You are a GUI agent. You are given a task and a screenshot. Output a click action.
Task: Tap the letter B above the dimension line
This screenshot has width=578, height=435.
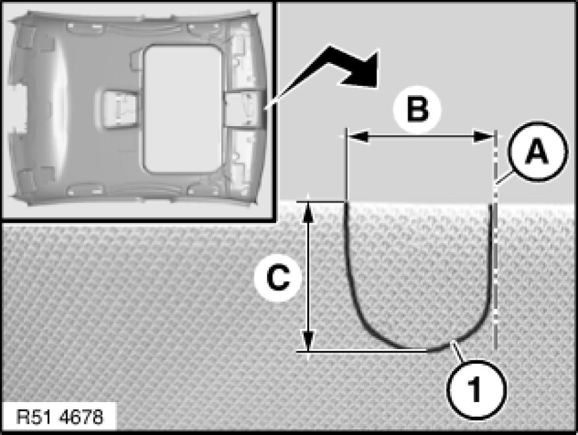(416, 109)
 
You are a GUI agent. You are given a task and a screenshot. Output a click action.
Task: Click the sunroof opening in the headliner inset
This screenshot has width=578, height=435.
(173, 109)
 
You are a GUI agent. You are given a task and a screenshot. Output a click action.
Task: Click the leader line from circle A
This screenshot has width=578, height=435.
(503, 180)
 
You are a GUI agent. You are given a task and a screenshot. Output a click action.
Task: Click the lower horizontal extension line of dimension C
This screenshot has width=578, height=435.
(363, 351)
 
